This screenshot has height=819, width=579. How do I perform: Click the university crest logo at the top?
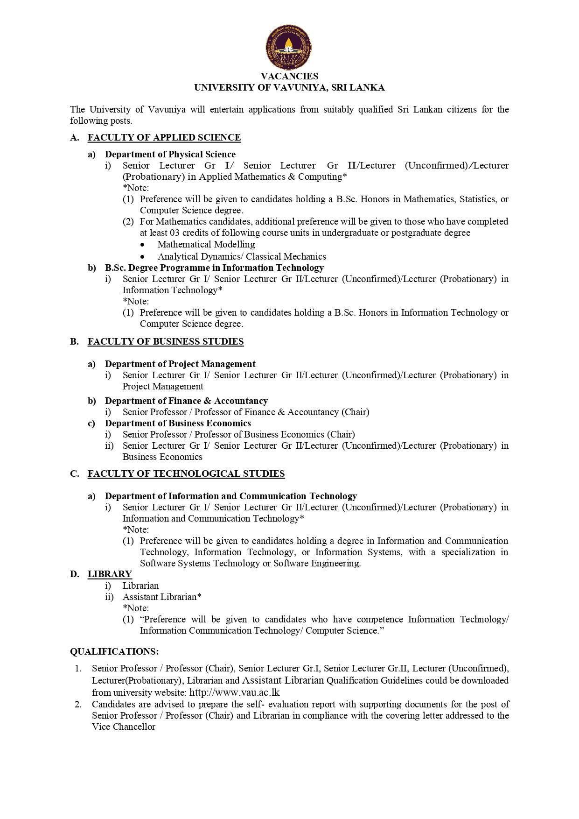[289, 47]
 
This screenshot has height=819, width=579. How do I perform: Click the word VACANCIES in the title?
[289, 76]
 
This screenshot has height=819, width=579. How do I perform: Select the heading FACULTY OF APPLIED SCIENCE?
[164, 137]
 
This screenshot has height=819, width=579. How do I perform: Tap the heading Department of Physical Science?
[170, 154]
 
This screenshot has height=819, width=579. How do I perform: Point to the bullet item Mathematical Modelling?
[206, 244]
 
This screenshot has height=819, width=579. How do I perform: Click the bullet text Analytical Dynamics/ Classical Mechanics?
[242, 256]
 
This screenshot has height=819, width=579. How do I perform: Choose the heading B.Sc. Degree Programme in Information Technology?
[214, 268]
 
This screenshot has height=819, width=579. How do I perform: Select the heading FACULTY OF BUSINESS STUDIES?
[166, 341]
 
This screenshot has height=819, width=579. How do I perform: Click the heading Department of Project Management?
[180, 364]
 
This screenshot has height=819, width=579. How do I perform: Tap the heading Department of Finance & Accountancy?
[186, 401]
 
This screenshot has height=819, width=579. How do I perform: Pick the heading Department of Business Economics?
[178, 423]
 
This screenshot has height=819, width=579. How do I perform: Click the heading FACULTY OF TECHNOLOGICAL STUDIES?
[186, 473]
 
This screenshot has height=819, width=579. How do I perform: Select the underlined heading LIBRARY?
[110, 574]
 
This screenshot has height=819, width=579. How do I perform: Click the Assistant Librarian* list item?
[162, 597]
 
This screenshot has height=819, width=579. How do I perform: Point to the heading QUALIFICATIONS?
[114, 651]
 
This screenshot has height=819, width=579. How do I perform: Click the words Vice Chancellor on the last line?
[124, 727]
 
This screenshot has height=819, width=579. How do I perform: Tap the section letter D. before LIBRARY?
[75, 574]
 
